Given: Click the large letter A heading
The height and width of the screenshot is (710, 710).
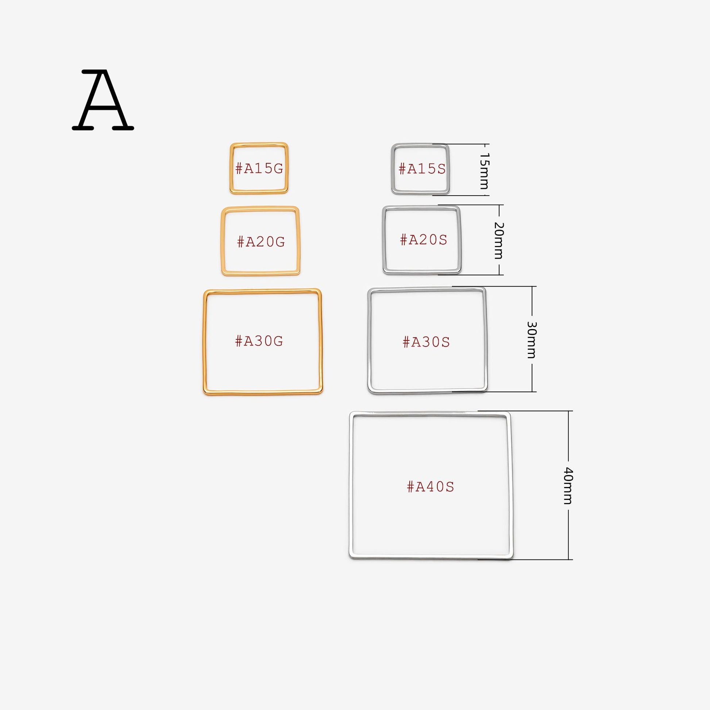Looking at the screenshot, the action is (x=103, y=100).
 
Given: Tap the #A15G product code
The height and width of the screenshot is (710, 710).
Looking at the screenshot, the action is (x=259, y=168).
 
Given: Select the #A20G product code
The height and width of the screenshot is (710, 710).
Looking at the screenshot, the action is (x=261, y=242).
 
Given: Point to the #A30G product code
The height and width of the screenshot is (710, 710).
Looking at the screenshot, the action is (x=259, y=341).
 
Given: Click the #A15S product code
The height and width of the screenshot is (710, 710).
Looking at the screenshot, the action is (x=422, y=169).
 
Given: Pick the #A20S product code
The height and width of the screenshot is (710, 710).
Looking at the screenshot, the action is (x=423, y=240).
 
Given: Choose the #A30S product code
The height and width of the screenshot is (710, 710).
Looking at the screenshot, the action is (x=426, y=342).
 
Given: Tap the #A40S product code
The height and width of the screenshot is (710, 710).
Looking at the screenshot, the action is (x=430, y=487).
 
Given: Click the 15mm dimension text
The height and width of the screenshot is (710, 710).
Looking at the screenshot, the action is (x=485, y=171).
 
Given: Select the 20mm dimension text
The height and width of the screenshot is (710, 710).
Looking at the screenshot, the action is (x=498, y=240).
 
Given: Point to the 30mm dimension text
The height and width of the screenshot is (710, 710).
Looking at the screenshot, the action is (x=532, y=340).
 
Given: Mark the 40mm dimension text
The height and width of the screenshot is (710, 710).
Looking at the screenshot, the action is (x=568, y=486).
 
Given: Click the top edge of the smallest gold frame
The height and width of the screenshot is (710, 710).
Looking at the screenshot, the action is (x=259, y=144).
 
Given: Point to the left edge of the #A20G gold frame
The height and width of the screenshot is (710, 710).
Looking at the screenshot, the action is (x=223, y=241).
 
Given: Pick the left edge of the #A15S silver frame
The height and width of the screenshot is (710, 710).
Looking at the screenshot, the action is (x=393, y=169).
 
